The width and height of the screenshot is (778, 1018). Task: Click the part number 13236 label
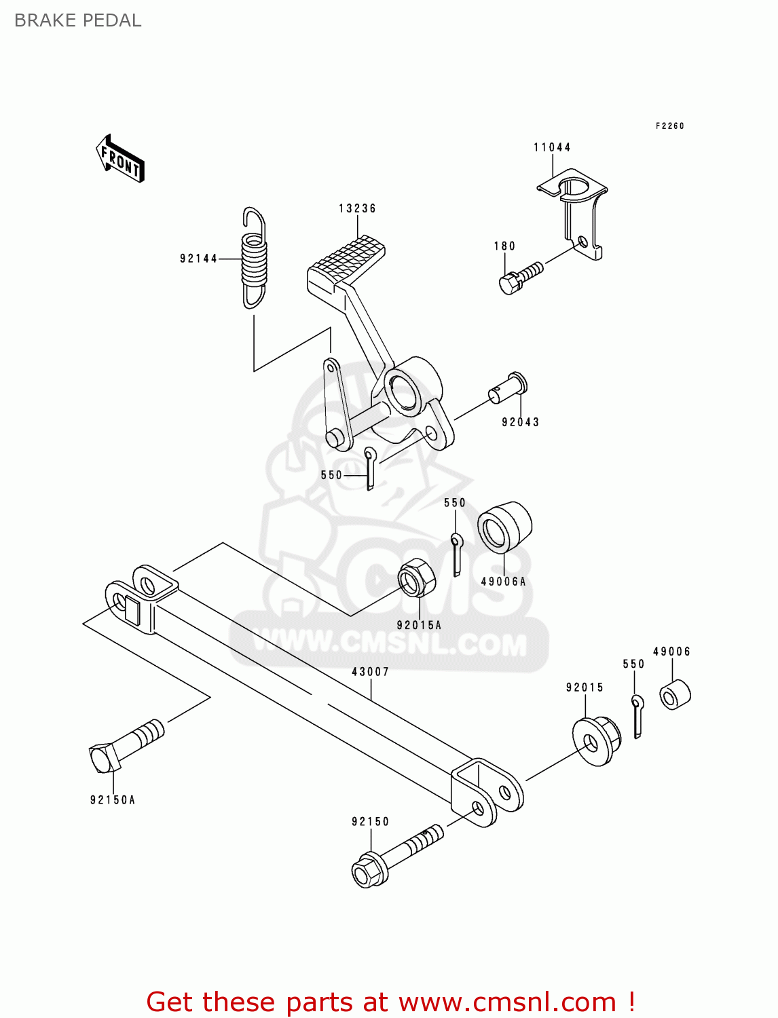point(357,208)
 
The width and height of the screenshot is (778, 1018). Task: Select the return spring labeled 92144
point(254,258)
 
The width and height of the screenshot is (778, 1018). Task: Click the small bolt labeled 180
point(520,277)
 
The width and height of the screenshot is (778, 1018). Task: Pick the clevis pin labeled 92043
point(508,388)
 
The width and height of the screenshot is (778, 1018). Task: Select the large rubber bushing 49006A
point(504,527)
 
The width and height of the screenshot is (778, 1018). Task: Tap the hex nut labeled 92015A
point(416,578)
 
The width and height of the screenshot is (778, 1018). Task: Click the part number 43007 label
point(370,672)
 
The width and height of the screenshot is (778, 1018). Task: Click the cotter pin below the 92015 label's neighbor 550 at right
point(637,715)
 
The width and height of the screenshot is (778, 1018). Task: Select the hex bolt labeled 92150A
point(126,747)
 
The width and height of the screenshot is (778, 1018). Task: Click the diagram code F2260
point(669,126)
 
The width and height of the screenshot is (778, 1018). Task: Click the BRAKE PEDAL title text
point(77,20)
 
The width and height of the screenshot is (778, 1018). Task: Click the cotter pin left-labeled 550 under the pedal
point(369,468)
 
